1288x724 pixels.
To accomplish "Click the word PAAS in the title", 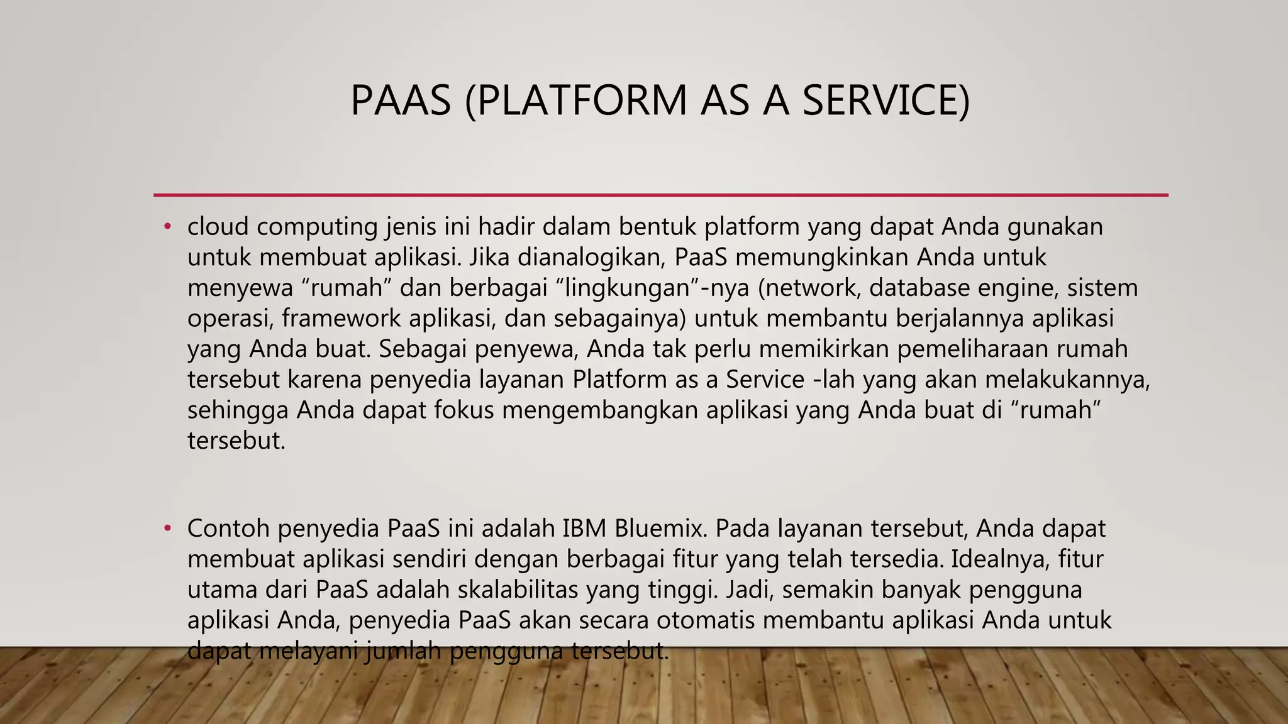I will (x=401, y=101).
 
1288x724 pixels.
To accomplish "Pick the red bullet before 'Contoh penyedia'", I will (x=167, y=529).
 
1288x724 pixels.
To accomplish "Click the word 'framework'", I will (x=341, y=319).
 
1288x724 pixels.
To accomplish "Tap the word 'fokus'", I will (x=464, y=410).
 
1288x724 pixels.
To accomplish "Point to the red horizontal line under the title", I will (x=660, y=195).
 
